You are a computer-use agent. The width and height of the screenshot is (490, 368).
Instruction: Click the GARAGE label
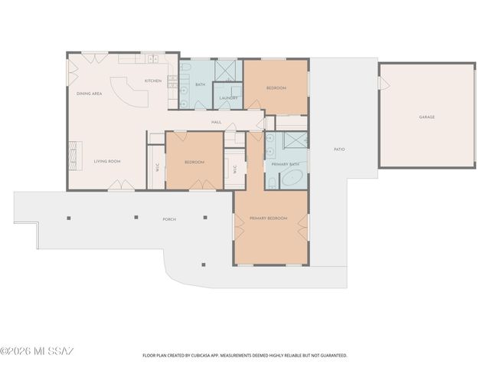(x=426, y=117)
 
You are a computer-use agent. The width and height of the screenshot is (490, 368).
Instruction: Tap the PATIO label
(x=339, y=149)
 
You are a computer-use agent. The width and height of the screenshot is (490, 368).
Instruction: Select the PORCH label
(x=169, y=219)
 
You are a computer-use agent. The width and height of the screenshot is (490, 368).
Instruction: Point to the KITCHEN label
(x=153, y=80)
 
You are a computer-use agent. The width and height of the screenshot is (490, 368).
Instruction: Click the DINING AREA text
(x=90, y=94)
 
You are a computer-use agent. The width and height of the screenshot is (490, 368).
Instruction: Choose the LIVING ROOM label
(x=108, y=161)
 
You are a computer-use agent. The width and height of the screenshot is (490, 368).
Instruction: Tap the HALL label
(x=217, y=123)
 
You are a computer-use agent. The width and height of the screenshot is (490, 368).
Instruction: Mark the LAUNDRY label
(x=227, y=98)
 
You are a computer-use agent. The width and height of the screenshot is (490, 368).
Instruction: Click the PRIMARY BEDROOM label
(x=268, y=219)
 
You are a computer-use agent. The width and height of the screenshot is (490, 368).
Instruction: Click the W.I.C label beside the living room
(x=157, y=169)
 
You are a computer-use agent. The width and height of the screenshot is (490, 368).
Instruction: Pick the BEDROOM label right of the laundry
(x=276, y=88)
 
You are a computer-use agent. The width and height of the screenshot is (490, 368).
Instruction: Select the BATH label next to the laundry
(x=200, y=84)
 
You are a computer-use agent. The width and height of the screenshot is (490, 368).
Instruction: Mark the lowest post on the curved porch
(x=204, y=264)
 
